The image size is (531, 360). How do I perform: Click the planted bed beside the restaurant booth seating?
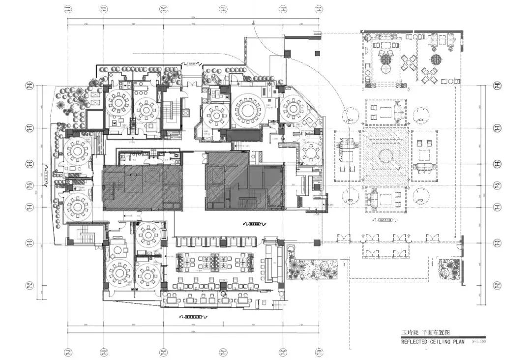pos(311,267)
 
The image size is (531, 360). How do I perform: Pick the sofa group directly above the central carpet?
pos(386,112)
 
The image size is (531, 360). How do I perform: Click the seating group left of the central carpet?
pos(349,156)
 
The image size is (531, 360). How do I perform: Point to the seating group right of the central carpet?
pos(424,156)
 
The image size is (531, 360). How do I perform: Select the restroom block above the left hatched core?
pos(150,157)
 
